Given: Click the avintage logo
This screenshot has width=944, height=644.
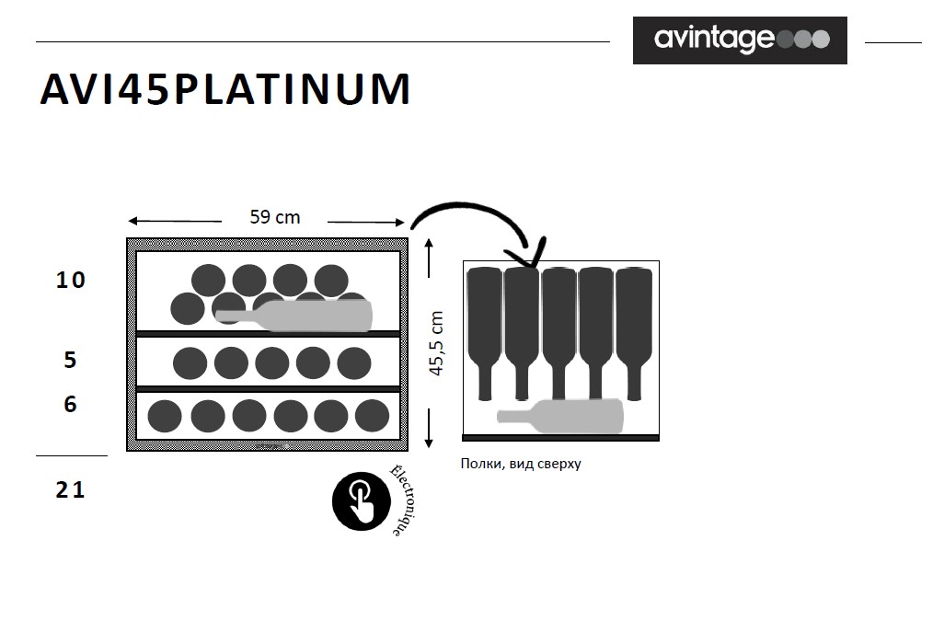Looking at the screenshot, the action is (x=740, y=40).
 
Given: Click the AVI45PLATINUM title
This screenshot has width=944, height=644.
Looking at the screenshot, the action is (x=225, y=89).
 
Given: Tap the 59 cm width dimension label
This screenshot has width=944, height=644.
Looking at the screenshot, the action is (x=274, y=217).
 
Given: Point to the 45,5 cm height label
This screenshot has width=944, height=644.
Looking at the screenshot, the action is (x=436, y=344).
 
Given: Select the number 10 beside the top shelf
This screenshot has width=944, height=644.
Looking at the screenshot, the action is (x=71, y=280).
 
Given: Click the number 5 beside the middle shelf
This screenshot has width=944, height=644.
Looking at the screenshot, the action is (x=70, y=360).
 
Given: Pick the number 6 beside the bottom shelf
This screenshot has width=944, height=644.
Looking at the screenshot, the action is (x=70, y=404).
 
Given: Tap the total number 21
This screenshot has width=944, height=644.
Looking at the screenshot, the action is (x=71, y=490).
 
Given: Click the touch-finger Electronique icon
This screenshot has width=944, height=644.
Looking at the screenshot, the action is (x=362, y=500).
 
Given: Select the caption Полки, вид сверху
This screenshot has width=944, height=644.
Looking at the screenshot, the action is (x=521, y=464).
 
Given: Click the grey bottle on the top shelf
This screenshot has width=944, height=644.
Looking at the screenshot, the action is (x=294, y=316).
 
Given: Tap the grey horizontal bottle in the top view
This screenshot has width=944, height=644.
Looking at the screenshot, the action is (x=560, y=416).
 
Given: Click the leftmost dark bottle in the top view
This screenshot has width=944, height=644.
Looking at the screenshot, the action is (x=485, y=333).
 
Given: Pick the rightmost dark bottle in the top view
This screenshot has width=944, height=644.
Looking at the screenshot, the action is (x=634, y=333).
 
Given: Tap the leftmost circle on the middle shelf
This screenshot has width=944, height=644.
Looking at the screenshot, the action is (x=190, y=363).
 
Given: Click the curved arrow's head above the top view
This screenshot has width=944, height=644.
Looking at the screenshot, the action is (x=530, y=253).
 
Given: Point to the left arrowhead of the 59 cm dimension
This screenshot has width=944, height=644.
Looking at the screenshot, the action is (x=133, y=221).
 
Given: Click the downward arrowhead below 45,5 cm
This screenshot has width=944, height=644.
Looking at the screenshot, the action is (x=429, y=443).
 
